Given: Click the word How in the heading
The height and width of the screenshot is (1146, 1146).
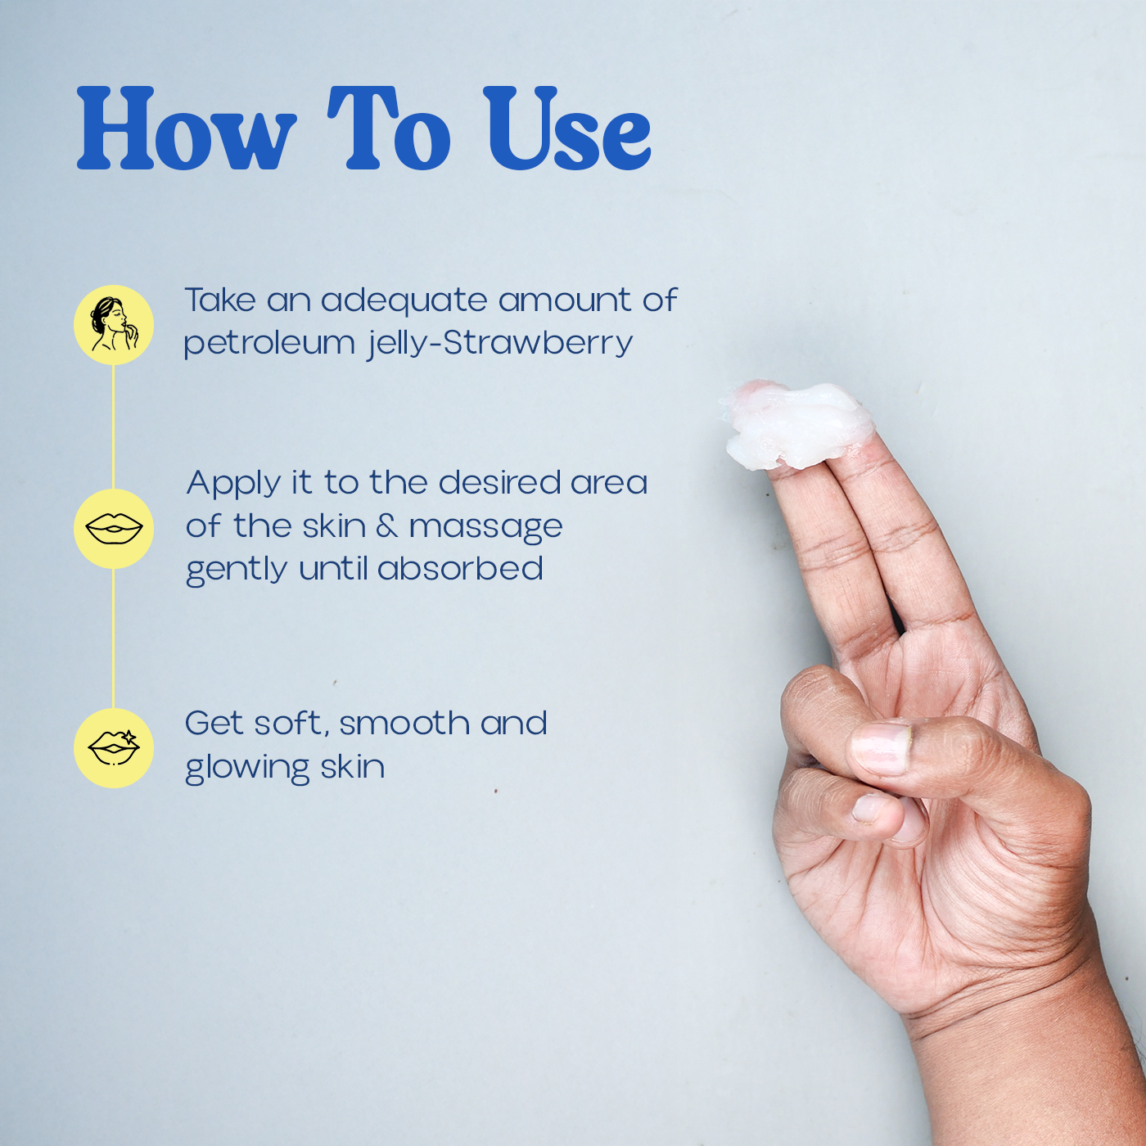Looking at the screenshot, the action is [x=186, y=128].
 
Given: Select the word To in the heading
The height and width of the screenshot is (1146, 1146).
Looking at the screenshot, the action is [x=389, y=128].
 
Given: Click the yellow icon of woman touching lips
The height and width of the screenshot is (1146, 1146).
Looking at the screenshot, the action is [x=114, y=325].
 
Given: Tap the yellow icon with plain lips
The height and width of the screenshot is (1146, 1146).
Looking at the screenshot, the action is [x=114, y=528].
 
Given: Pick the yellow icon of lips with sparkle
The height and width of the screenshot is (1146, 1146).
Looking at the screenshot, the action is [x=114, y=748].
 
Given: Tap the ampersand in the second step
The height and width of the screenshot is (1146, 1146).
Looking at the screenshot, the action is [x=386, y=526].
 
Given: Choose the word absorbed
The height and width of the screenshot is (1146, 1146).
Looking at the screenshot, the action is [x=460, y=568].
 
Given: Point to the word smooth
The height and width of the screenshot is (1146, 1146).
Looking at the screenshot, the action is [x=404, y=723].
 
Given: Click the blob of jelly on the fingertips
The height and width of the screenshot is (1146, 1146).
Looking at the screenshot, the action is [x=796, y=422].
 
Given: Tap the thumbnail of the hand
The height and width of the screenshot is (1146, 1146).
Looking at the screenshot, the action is [x=880, y=748].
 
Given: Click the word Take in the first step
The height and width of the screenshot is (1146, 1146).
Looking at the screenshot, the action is [x=220, y=300].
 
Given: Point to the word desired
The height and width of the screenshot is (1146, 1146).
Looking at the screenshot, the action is [x=499, y=482].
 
